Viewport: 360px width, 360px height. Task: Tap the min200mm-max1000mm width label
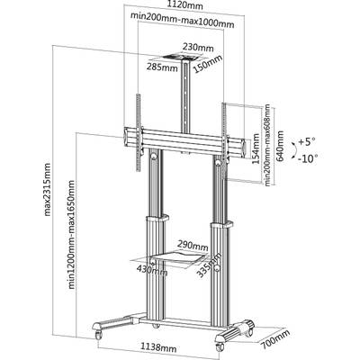click(182, 22)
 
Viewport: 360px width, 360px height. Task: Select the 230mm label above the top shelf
click(198, 48)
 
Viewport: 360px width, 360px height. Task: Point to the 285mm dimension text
click(162, 67)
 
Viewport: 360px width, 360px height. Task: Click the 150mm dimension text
click(208, 64)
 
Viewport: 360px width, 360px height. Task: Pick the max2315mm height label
click(48, 189)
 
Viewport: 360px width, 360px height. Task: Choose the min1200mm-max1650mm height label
click(71, 234)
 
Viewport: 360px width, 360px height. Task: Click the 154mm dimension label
click(256, 148)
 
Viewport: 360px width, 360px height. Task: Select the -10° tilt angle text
click(308, 157)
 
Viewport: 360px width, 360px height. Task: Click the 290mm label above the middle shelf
click(193, 247)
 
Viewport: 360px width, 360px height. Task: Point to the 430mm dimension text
click(152, 269)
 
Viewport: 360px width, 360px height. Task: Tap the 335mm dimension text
click(209, 265)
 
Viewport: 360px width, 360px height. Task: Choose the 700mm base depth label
click(275, 339)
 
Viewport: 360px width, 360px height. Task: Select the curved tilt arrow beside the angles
click(294, 149)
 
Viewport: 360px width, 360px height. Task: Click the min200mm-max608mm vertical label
click(267, 145)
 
